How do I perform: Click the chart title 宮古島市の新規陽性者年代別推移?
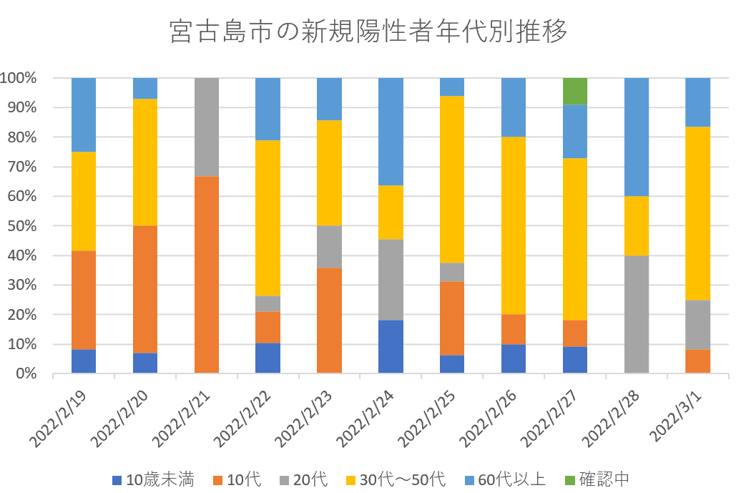point(368,32)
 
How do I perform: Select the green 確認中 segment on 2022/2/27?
point(575,91)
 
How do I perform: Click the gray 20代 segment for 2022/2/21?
point(207,127)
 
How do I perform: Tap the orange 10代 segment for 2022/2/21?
point(207,275)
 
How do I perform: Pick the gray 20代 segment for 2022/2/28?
point(637,314)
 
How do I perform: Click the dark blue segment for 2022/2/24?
point(391,346)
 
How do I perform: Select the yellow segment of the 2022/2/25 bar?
point(452,180)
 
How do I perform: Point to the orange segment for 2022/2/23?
point(329,321)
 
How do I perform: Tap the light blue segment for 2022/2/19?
point(84,114)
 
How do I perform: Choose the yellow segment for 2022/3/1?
point(698,213)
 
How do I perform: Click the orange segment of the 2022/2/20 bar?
point(145,289)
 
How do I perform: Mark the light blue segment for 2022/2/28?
point(637,137)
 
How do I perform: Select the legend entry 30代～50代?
point(405,479)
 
